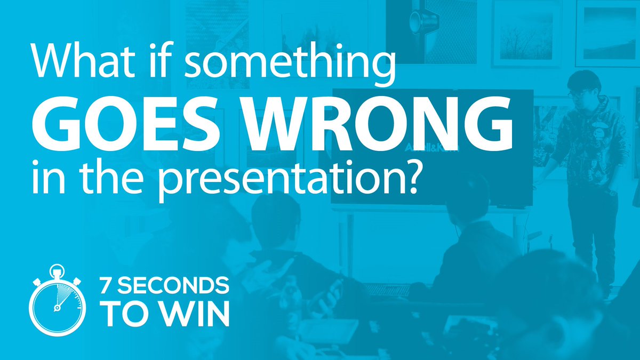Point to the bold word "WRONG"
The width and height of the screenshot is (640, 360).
[374, 124]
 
